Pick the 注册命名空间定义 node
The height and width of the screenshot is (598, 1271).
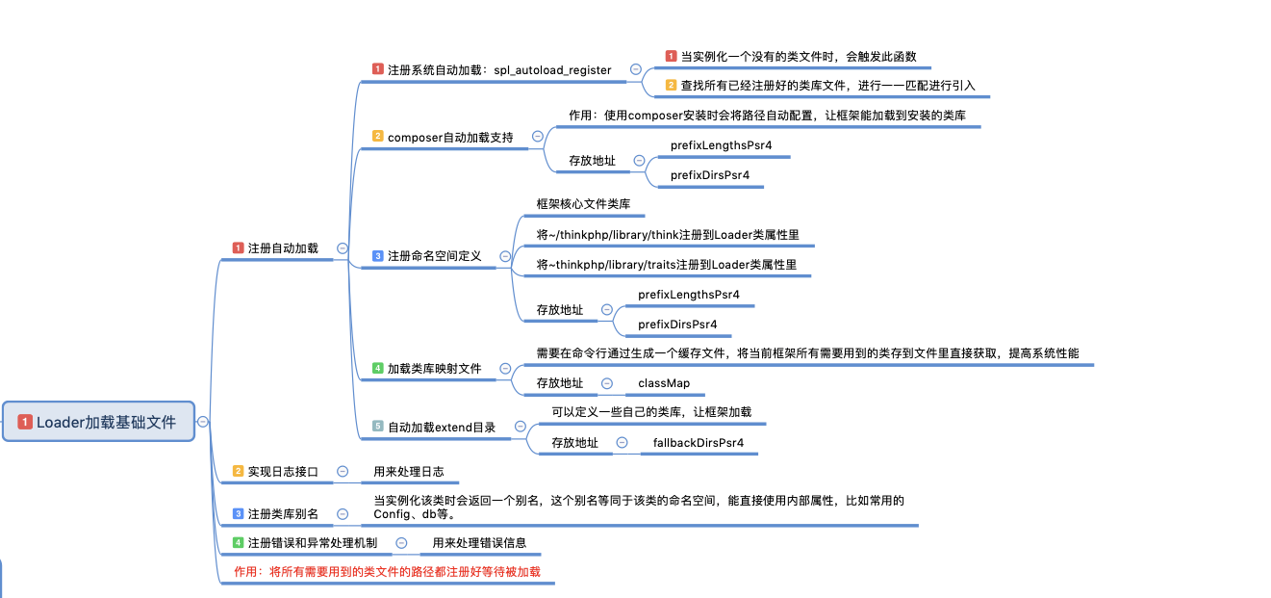pos(434,256)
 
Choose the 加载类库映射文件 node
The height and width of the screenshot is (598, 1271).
pos(434,369)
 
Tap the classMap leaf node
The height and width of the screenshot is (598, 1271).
pos(664,383)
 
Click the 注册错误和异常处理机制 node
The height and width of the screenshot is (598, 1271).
pos(312,543)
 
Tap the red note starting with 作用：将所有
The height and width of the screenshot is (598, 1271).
pos(388,572)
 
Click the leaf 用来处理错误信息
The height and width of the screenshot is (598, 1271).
pos(479,543)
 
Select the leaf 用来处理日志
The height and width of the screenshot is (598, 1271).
pos(409,472)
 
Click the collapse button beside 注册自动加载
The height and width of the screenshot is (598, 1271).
pos(343,248)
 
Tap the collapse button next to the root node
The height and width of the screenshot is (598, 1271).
pos(203,422)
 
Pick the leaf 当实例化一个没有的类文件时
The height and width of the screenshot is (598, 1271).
pos(798,57)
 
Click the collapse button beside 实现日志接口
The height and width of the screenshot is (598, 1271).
pos(342,472)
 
